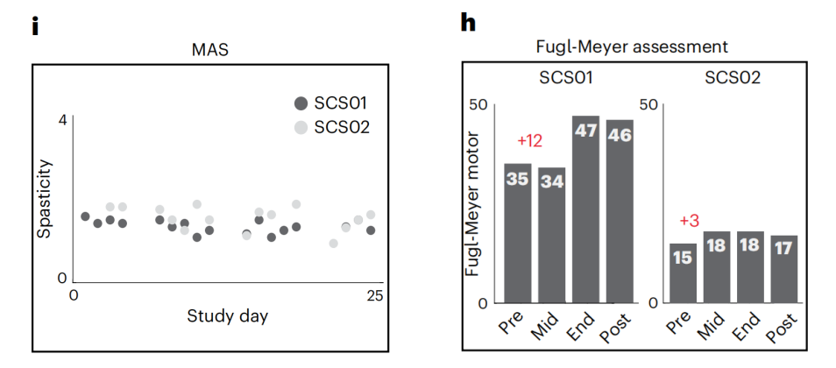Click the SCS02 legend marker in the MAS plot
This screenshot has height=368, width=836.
coord(301,127)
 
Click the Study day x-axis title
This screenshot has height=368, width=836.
coord(227,315)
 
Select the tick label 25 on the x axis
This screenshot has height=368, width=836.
coord(374,295)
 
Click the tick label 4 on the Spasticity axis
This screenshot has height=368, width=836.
coord(62,119)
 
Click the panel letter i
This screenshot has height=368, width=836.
coord(36,25)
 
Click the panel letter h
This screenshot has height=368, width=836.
coord(469,24)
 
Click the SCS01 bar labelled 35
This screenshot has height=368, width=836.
coord(518,232)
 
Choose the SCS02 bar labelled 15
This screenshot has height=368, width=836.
coord(684,272)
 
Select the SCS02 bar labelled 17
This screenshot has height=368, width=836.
coord(784,268)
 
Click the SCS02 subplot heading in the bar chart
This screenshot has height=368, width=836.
coord(733,78)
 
